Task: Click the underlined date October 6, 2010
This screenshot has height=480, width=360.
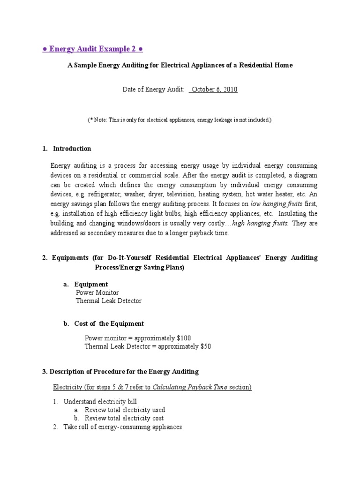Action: [213, 89]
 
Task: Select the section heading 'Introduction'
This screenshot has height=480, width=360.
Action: [72, 149]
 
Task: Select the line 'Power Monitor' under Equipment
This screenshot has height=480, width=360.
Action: [97, 292]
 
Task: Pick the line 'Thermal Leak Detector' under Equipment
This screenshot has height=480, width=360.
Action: [108, 301]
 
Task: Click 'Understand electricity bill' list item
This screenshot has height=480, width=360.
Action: [100, 402]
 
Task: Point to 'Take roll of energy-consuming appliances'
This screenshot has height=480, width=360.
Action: [122, 427]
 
